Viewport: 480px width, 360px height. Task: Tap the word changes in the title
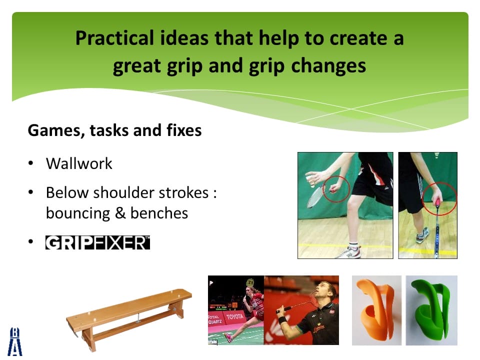[328, 65]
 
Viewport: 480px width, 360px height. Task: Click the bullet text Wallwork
[79, 163]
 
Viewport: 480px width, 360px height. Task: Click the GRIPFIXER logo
[97, 242]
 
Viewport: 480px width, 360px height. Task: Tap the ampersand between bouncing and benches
[120, 213]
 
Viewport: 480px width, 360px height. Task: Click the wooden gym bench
[128, 317]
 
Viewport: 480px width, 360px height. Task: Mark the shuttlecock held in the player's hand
[311, 180]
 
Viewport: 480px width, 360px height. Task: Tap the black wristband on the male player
[282, 320]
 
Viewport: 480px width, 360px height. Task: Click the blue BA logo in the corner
[15, 341]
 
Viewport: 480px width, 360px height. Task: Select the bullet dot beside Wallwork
[30, 163]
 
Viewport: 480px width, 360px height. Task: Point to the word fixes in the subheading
[184, 130]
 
